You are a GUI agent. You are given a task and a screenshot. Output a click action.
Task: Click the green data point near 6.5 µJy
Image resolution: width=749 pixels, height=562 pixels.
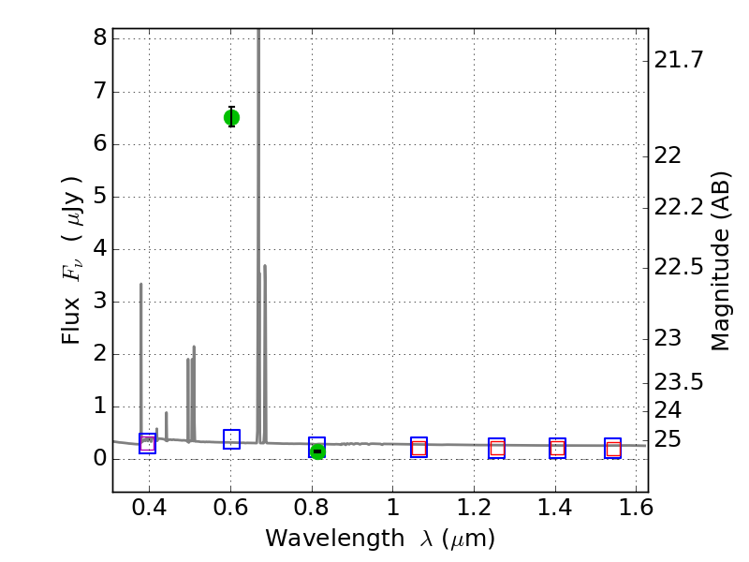point(231,117)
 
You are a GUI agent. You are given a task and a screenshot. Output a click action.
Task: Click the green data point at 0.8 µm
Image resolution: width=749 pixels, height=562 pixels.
point(317,451)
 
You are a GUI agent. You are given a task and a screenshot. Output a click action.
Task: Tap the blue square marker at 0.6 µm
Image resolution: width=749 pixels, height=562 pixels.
point(231,439)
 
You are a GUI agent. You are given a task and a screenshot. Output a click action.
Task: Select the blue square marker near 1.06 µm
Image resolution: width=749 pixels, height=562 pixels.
point(419,447)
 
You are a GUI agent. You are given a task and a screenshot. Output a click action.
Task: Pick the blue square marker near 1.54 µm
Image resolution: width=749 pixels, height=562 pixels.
point(612,448)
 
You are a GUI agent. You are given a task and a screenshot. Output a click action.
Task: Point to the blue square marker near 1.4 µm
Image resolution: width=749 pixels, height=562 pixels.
point(557,448)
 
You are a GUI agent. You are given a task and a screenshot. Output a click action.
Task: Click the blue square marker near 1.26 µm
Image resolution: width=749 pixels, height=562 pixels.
point(496,448)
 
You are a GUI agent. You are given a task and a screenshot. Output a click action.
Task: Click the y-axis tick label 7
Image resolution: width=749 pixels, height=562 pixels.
point(97,92)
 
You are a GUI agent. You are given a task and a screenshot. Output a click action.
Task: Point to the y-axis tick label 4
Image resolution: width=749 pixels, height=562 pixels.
point(97,249)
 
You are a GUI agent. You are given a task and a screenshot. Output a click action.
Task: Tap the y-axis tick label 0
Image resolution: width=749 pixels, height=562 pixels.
point(97,459)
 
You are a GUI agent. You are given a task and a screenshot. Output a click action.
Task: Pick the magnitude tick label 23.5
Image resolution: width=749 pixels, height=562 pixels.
point(679,382)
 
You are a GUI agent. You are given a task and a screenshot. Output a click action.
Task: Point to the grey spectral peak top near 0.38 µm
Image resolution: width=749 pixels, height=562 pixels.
point(141,285)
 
